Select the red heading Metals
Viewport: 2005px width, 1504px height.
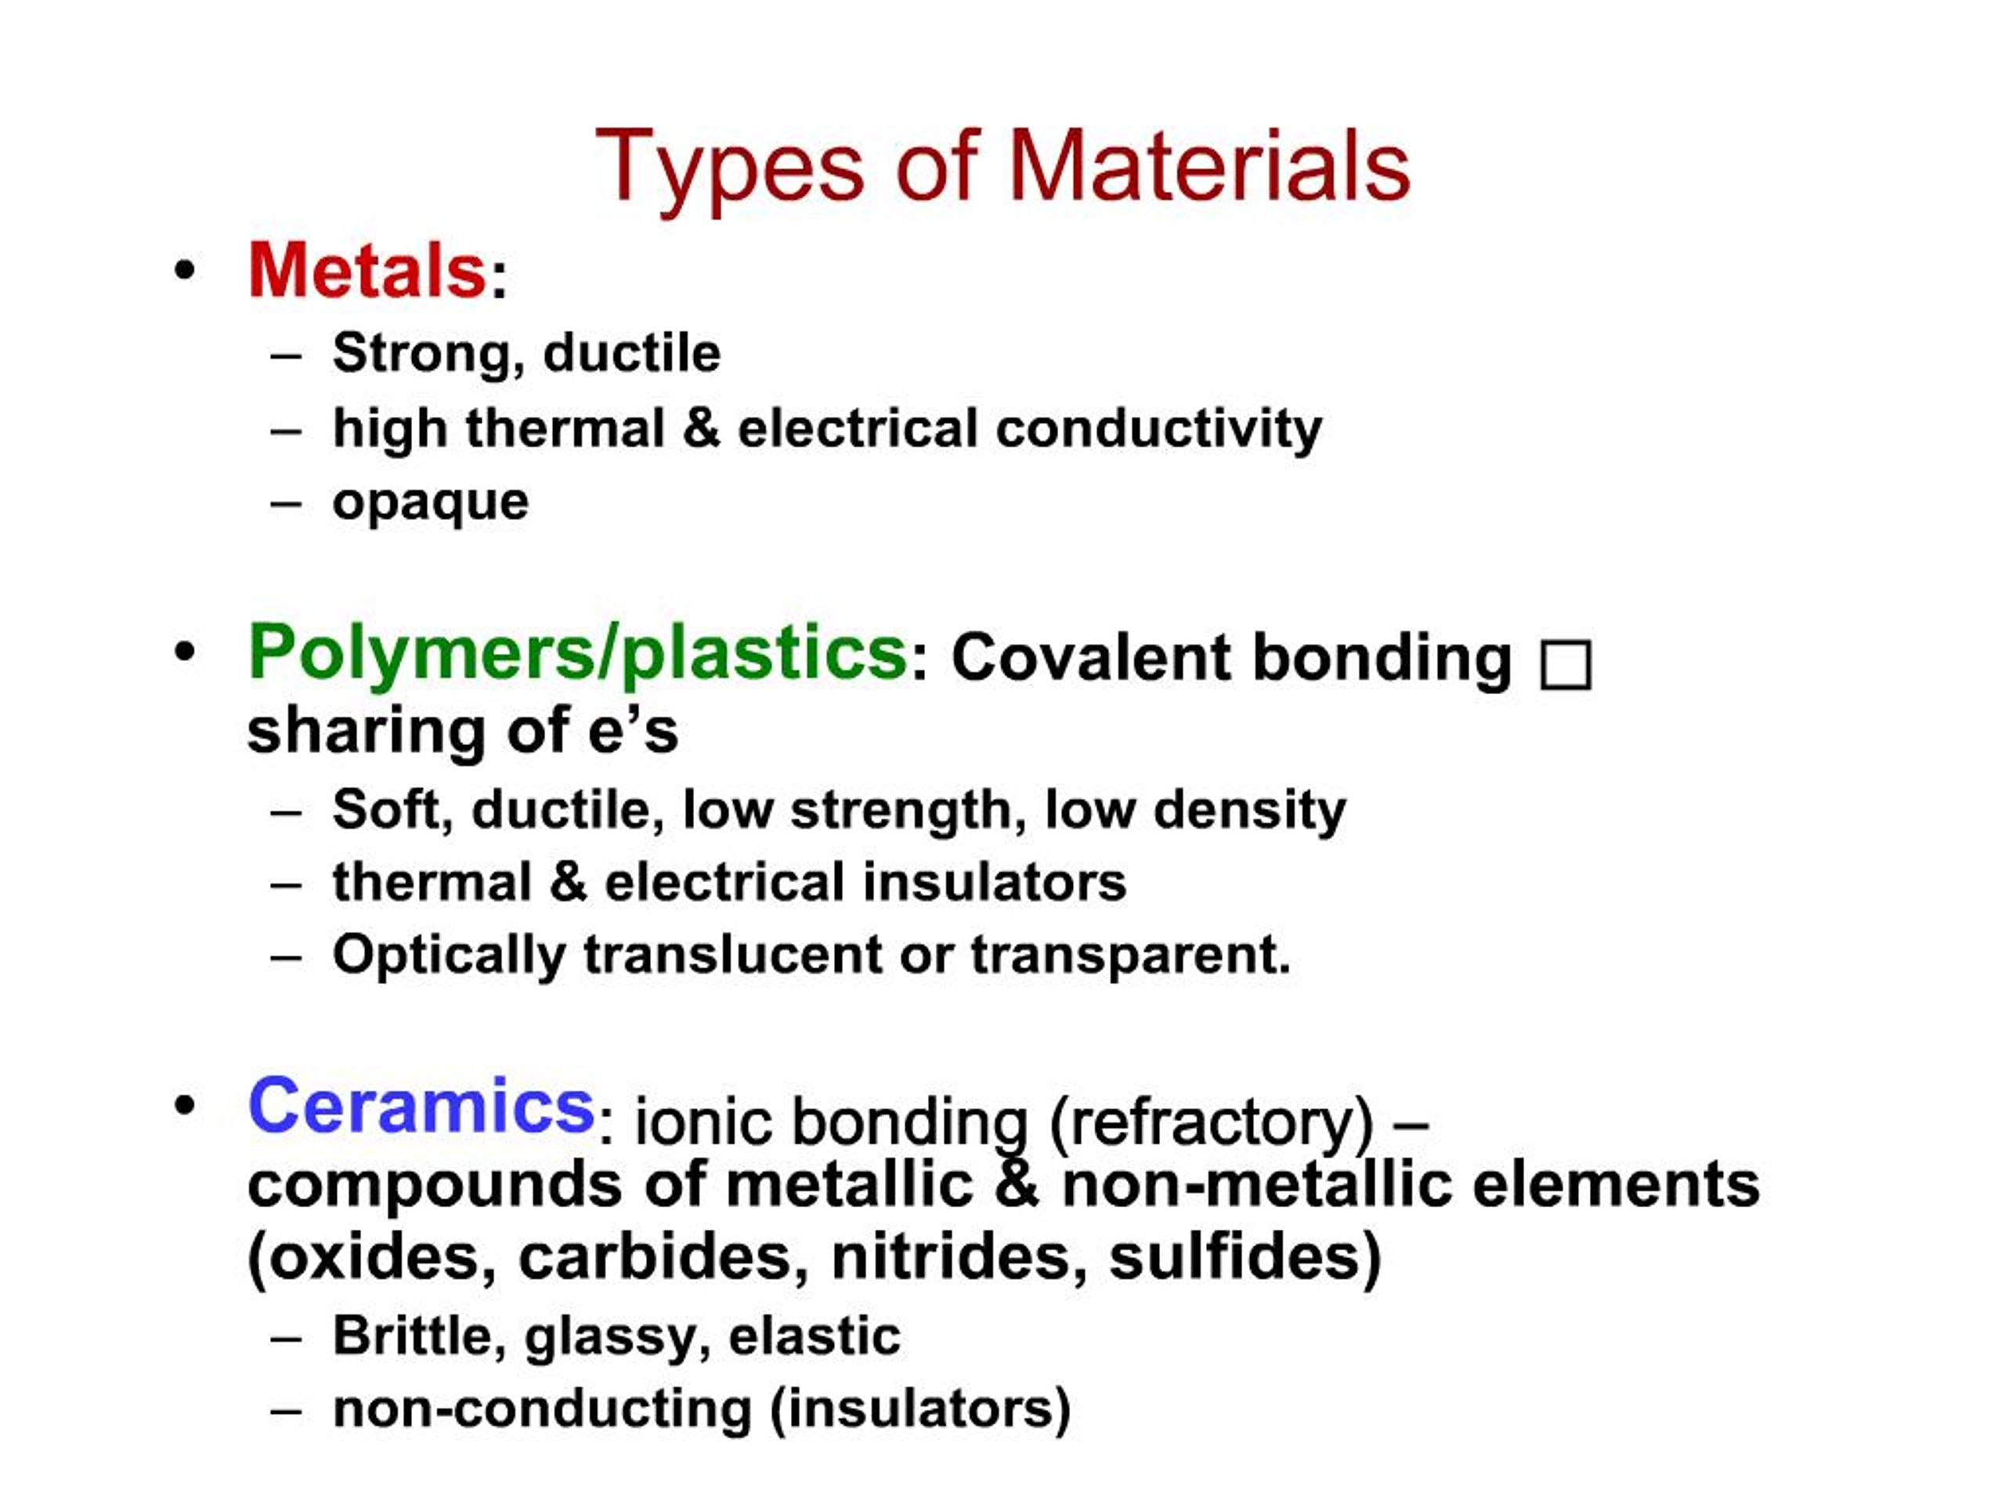point(367,270)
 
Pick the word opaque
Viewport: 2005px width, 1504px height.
point(431,503)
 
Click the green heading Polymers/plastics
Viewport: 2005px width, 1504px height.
point(577,653)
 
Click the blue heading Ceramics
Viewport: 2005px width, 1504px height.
point(421,1106)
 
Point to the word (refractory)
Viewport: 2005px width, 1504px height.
point(1211,1123)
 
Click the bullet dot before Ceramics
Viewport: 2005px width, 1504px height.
point(185,1106)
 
